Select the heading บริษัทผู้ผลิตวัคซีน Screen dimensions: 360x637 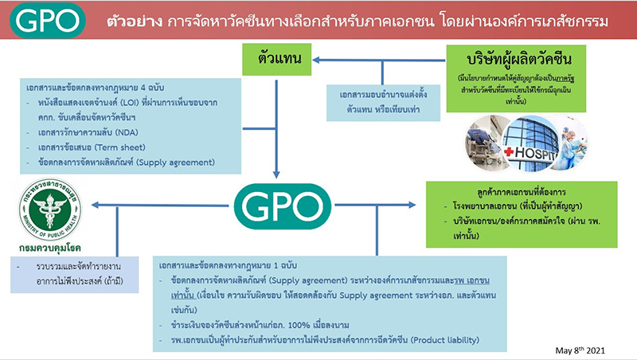point(515,60)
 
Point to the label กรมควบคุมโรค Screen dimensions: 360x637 point(47,248)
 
